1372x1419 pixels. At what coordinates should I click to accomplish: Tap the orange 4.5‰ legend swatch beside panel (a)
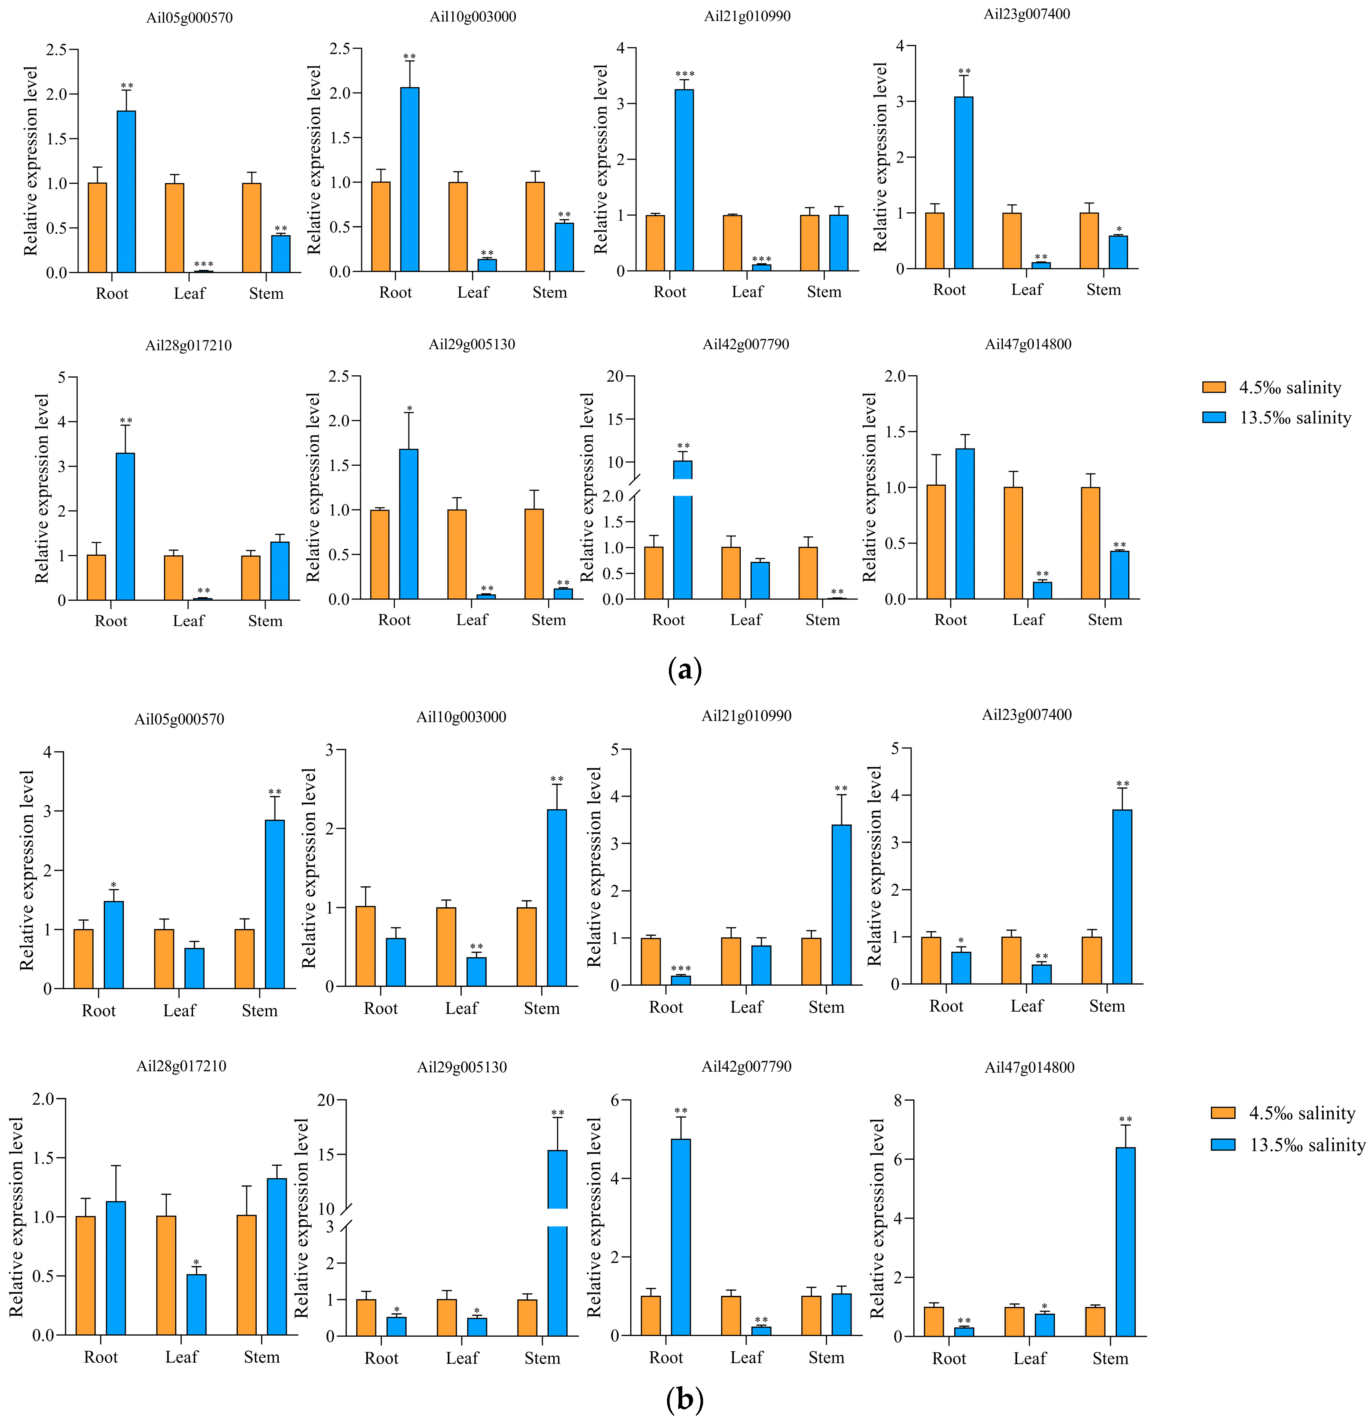1214,387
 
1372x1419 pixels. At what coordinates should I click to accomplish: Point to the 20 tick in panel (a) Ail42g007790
615,376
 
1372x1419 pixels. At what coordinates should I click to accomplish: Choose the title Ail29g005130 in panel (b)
462,1067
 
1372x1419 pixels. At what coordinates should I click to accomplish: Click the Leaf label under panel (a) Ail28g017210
188,620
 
